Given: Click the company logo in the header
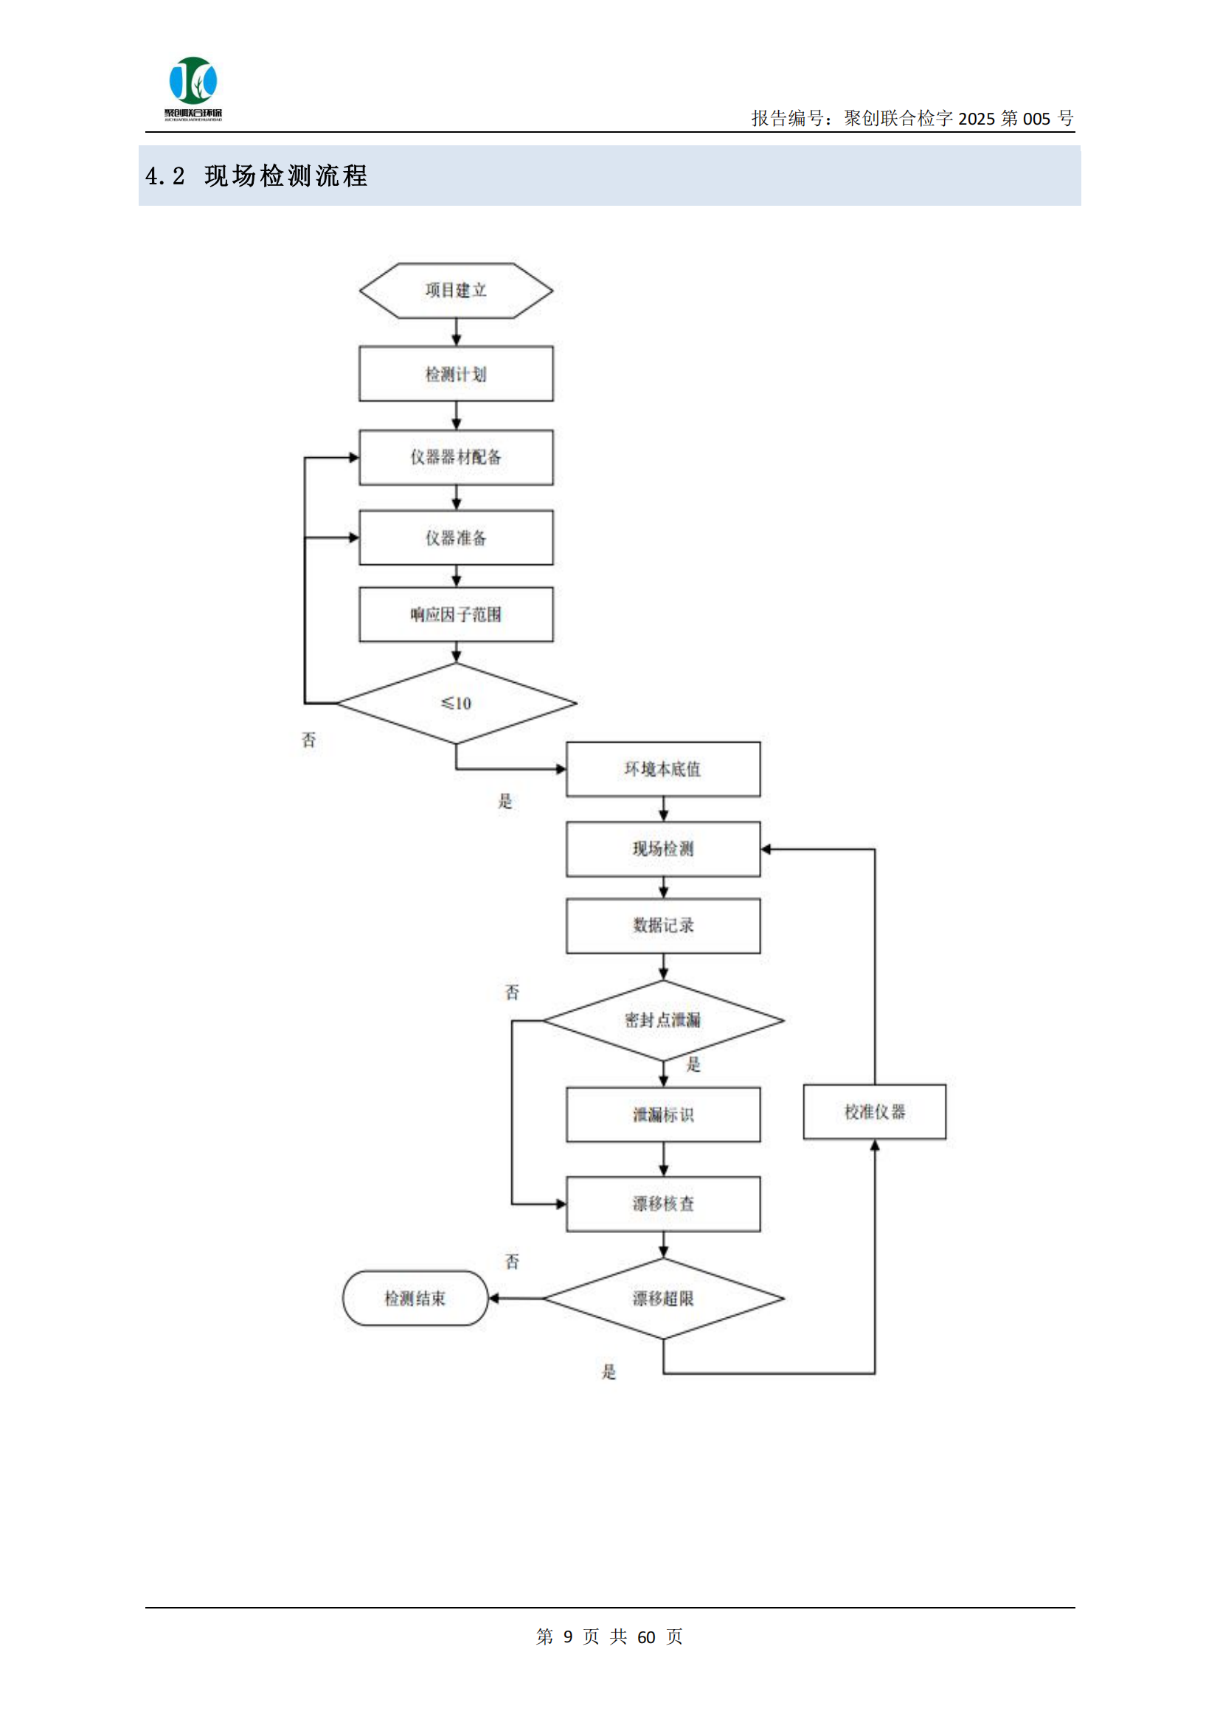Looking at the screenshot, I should (x=193, y=86).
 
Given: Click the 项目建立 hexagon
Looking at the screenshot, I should (x=456, y=291).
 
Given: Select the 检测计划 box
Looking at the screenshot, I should (x=456, y=374).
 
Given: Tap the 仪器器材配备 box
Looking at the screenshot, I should (x=456, y=457).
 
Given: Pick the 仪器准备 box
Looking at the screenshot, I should (x=456, y=538).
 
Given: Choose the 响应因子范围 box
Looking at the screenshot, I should (x=456, y=614).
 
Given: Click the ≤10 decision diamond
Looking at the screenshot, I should (x=456, y=704).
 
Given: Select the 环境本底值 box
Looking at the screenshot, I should (x=662, y=769).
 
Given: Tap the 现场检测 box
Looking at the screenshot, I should (x=662, y=849).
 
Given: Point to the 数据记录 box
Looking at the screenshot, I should (x=662, y=926).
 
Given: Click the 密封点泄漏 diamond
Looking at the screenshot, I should (x=662, y=1020).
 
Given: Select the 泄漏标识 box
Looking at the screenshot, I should (x=662, y=1115).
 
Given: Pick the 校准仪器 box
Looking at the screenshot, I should (x=875, y=1112).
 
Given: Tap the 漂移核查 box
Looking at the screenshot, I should (x=662, y=1204).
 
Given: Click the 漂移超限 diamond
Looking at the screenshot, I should (x=662, y=1299).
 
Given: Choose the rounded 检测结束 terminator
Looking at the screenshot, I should (x=415, y=1299).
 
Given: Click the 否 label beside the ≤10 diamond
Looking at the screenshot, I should (x=309, y=740).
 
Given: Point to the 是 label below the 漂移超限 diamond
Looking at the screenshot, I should (x=609, y=1372).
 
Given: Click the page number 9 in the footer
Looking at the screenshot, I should (x=568, y=1637).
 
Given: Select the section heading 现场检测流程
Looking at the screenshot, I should (x=285, y=176).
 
